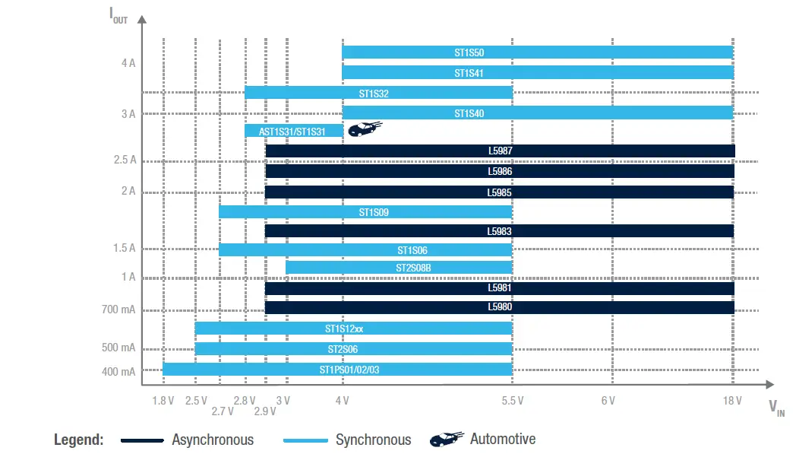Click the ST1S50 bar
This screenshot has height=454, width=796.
click(537, 53)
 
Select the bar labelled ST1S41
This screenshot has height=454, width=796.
click(537, 73)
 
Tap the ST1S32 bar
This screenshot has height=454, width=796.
click(378, 93)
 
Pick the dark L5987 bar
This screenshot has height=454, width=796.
click(500, 151)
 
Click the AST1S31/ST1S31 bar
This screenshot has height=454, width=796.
click(293, 132)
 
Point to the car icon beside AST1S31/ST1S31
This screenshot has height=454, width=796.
click(365, 129)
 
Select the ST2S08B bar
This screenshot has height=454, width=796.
click(399, 268)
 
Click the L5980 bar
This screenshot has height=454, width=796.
click(500, 308)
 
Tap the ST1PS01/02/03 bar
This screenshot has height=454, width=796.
click(337, 370)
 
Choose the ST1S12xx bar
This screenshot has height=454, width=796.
click(353, 329)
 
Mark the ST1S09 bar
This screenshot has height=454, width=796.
click(365, 212)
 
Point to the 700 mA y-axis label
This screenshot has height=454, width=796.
click(118, 310)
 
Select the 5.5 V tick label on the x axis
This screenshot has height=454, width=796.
click(512, 401)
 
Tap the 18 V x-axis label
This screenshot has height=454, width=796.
click(732, 401)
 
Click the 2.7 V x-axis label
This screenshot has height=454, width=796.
click(223, 411)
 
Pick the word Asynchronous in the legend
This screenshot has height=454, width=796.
click(213, 440)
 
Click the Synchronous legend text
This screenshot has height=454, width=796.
click(373, 440)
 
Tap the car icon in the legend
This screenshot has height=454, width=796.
click(447, 439)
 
